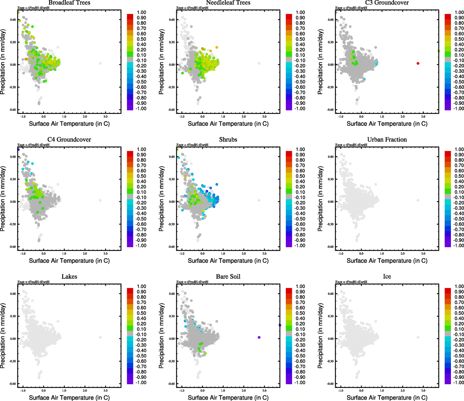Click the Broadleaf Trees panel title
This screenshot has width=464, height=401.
tap(69, 3)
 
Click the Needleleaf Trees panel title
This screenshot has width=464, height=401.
tap(228, 3)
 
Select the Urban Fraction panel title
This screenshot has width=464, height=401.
tap(387, 140)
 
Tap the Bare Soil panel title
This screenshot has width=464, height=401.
tap(228, 277)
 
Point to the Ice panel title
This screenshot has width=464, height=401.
tap(387, 277)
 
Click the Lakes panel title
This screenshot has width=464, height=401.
tap(69, 277)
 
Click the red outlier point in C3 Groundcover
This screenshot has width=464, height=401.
tap(418, 63)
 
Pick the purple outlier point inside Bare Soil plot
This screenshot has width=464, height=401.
tap(259, 337)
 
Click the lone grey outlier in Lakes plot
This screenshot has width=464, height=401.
tap(100, 337)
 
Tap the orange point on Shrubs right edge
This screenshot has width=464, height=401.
tap(280, 188)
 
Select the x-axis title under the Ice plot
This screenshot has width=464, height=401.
tap(387, 398)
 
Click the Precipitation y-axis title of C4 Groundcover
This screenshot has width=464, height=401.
tap(3, 199)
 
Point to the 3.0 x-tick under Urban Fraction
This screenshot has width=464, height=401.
tap(423, 254)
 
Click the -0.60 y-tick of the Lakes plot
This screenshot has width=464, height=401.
tap(13, 384)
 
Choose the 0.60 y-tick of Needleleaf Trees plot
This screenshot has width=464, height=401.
tap(171, 20)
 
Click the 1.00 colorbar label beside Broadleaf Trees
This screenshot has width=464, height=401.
tap(141, 12)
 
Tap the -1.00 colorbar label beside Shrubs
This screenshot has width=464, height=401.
tap(300, 246)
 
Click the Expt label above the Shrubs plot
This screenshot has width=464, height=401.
tap(192, 145)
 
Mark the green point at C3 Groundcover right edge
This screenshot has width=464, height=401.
tap(439, 51)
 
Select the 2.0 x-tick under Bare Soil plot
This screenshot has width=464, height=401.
tap(244, 391)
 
